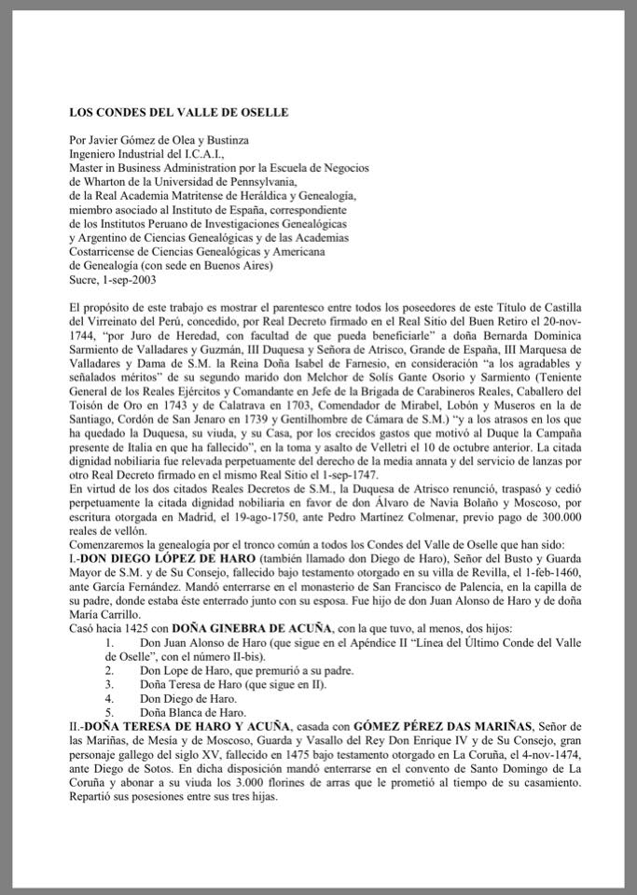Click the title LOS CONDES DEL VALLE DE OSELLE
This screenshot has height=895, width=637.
pos(179,112)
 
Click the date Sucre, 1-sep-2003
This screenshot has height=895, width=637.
pos(112,279)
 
